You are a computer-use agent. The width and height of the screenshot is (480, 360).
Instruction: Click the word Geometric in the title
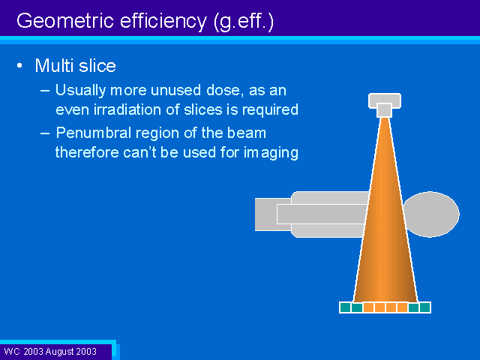tap(65, 21)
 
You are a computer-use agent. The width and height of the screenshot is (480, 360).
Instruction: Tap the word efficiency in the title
tap(163, 21)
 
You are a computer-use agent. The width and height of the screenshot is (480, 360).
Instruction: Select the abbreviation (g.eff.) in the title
tap(243, 22)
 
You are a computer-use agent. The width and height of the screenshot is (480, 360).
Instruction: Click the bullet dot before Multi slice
tap(20, 66)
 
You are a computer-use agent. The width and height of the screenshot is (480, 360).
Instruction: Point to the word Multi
tap(54, 65)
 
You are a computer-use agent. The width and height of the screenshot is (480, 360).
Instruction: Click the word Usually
tap(80, 91)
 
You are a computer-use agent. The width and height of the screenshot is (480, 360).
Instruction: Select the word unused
tap(175, 90)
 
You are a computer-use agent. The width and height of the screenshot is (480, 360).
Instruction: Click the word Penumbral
tap(93, 133)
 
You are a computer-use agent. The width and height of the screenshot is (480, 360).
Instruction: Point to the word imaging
tap(271, 153)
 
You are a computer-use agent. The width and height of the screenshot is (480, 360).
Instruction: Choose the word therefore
tap(87, 152)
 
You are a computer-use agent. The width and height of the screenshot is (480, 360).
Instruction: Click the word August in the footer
tap(58, 352)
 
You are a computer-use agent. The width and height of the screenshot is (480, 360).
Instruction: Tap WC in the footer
tap(12, 351)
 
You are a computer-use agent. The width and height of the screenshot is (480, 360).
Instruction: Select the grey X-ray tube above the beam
tap(385, 105)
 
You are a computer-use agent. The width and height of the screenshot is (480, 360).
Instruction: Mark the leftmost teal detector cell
tap(345, 307)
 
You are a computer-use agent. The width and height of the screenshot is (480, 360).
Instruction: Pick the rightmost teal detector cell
tap(425, 307)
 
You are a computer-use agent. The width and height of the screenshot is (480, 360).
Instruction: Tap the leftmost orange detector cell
tap(368, 307)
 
